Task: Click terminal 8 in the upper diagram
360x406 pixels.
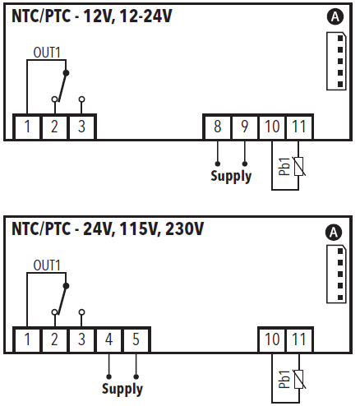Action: [217, 127]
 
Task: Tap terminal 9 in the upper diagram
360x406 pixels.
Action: [244, 127]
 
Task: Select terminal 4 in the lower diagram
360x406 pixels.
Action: [108, 339]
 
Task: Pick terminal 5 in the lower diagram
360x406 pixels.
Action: [136, 339]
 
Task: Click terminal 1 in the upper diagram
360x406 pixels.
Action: [27, 127]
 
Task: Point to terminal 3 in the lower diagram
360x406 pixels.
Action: [81, 339]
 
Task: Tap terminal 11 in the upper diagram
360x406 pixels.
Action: [298, 127]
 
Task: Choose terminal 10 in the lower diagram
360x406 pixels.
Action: [272, 339]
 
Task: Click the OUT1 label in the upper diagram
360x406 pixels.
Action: [47, 53]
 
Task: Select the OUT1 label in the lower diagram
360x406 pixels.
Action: [47, 265]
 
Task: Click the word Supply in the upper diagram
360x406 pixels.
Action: [231, 176]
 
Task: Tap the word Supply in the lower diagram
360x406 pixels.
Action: [122, 389]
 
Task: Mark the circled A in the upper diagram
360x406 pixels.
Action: [335, 17]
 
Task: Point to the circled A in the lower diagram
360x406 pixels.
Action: [334, 233]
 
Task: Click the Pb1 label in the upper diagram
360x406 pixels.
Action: [284, 166]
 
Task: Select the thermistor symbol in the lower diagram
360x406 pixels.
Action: [299, 379]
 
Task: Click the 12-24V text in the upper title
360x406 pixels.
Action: [145, 16]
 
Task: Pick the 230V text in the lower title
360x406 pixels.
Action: [184, 228]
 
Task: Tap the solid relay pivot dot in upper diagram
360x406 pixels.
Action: [66, 73]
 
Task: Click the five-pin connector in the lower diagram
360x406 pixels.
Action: [336, 275]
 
